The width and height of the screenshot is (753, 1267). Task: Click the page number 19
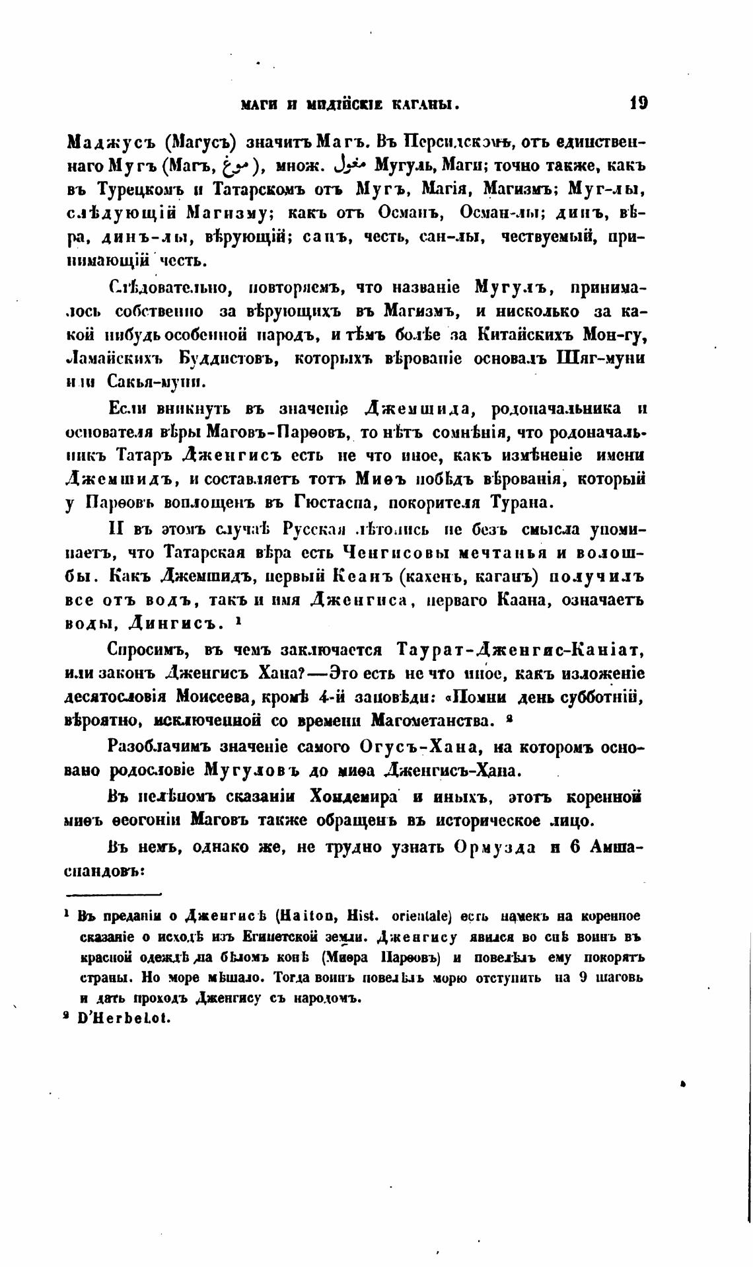[638, 103]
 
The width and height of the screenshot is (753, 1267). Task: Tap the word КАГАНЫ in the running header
[425, 104]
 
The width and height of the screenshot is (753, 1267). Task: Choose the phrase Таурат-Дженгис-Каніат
[520, 650]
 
